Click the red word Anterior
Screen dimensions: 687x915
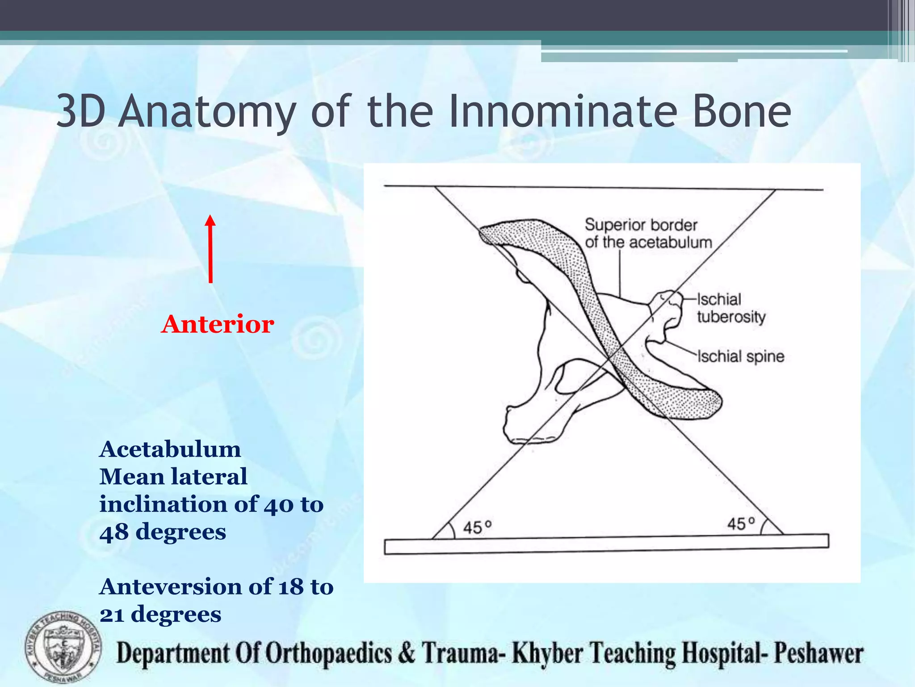click(x=218, y=324)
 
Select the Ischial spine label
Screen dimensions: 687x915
click(x=740, y=356)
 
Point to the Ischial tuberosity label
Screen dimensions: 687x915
click(x=730, y=308)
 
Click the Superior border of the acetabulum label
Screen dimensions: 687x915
click(x=648, y=233)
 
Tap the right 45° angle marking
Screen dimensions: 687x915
click(x=741, y=523)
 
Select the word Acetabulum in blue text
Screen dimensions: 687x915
click(x=170, y=449)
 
